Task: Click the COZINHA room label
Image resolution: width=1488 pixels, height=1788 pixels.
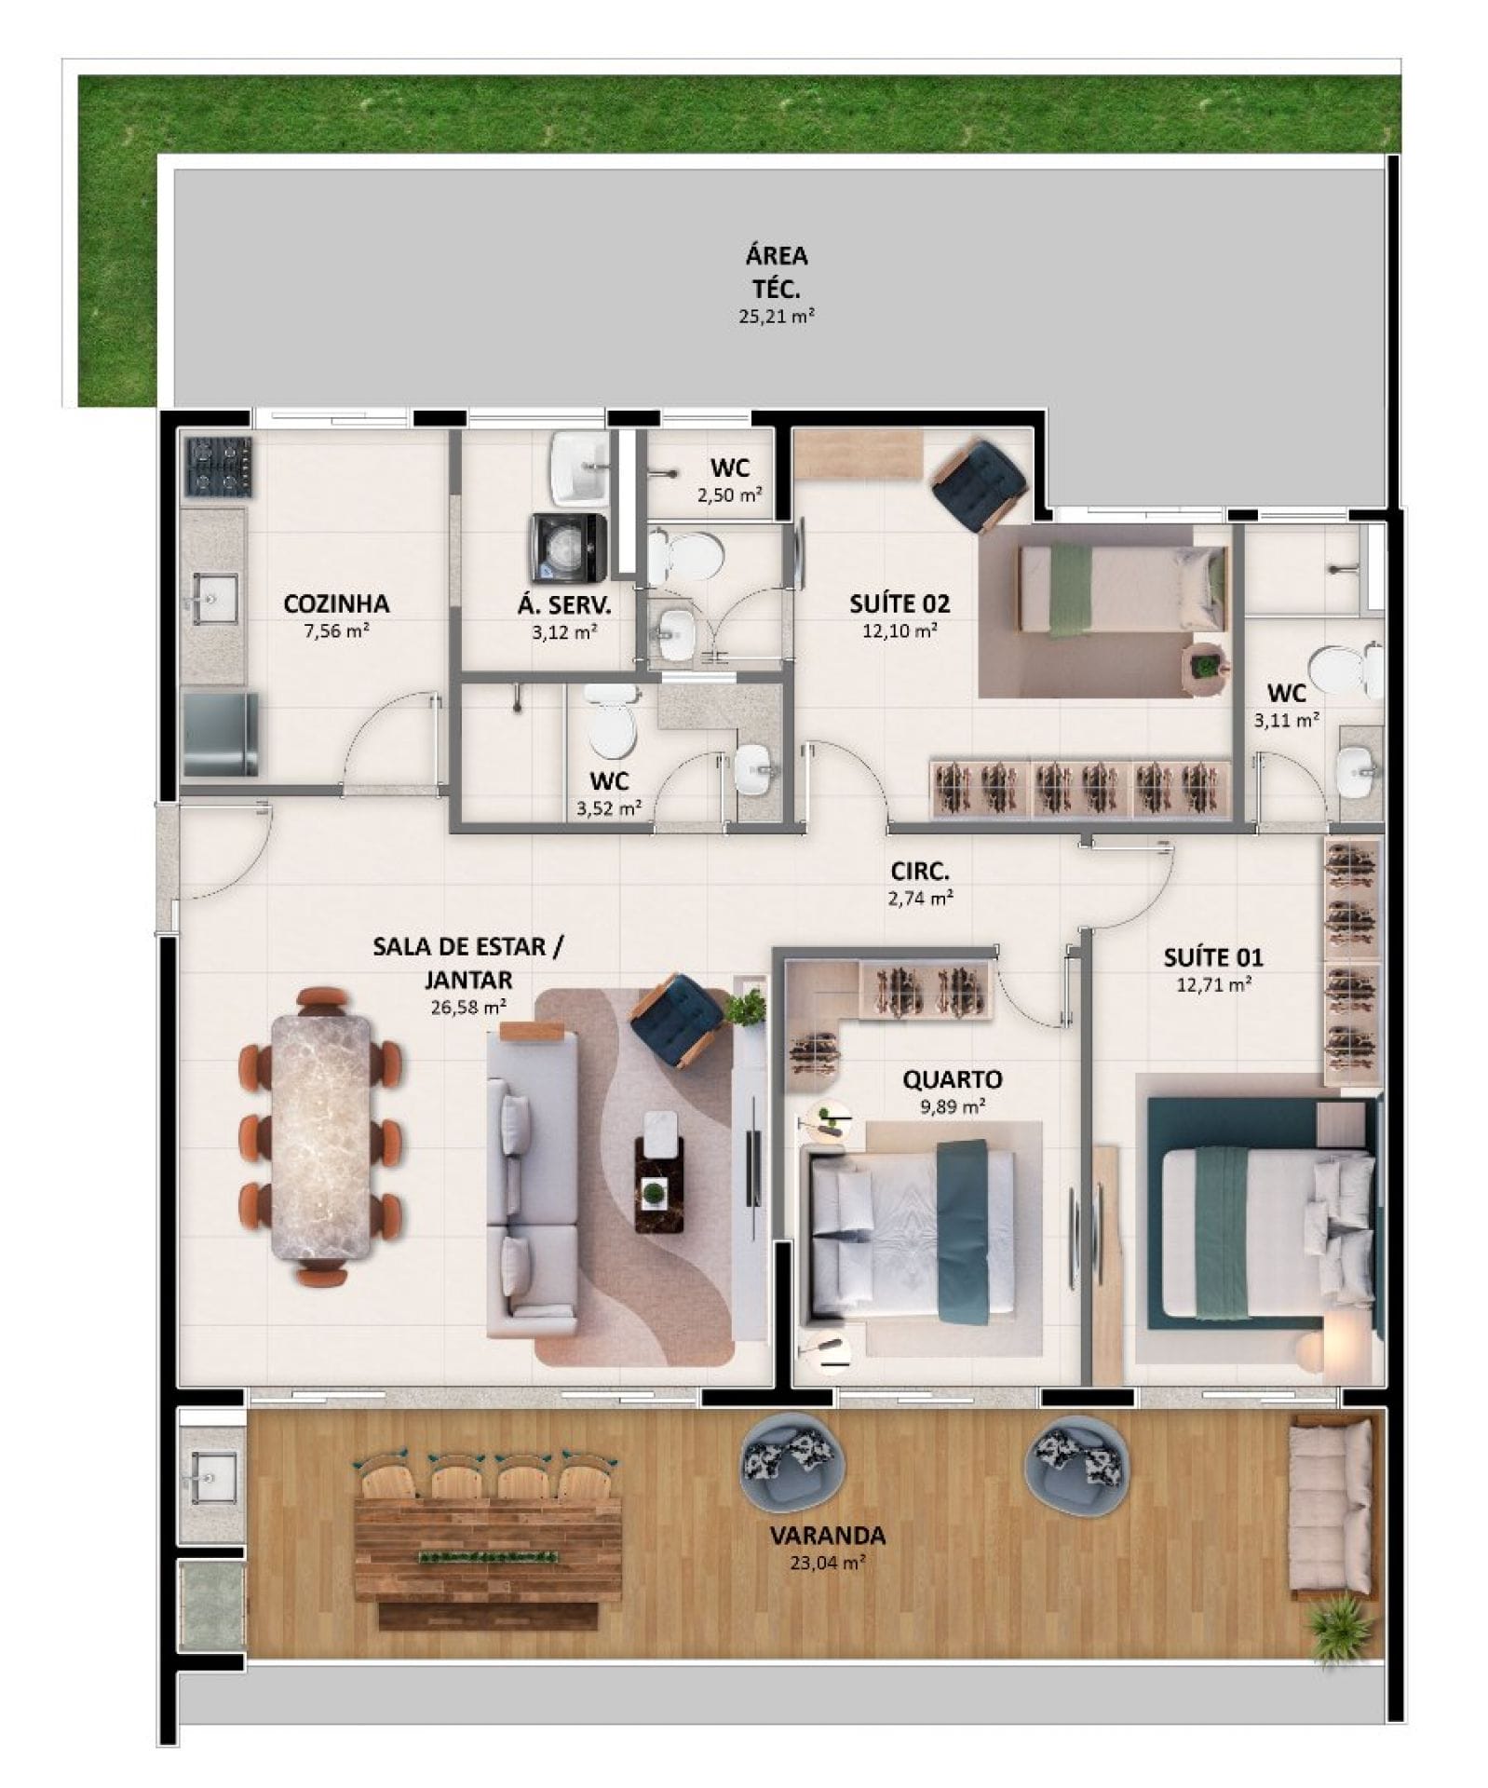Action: [335, 603]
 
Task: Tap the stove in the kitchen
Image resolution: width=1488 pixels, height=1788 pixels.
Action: [219, 467]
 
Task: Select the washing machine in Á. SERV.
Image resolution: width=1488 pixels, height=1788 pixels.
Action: [568, 548]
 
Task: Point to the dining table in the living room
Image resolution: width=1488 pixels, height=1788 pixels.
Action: [320, 1137]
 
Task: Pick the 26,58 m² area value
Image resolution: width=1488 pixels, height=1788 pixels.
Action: [468, 1007]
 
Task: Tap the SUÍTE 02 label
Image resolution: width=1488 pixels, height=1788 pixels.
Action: [899, 603]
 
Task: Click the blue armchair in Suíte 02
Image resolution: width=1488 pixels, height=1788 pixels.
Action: [978, 484]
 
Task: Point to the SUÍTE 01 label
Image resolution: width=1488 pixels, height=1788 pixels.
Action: [1212, 956]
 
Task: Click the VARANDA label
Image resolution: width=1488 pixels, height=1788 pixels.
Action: [827, 1535]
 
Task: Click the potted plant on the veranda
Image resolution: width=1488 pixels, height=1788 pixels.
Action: [1341, 1626]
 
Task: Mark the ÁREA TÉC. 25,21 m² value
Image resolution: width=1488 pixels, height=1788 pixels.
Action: [776, 316]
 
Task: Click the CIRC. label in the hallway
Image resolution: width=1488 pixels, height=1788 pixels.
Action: [920, 872]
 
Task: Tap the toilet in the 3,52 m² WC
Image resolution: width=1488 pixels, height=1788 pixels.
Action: [611, 721]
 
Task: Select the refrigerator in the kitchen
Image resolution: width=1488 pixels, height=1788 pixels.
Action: [220, 734]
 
